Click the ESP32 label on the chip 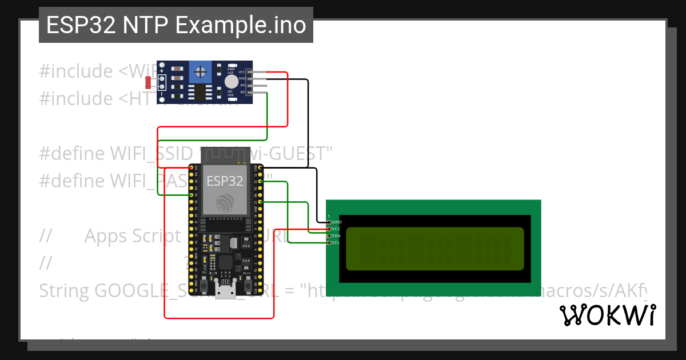[x=225, y=181]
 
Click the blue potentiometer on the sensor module [x=201, y=71]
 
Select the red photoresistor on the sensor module [x=149, y=82]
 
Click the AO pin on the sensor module [x=257, y=91]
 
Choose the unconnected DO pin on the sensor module [x=257, y=85]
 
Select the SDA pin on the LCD [x=336, y=235]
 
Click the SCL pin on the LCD [x=336, y=242]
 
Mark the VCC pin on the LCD [x=336, y=229]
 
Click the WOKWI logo [x=607, y=315]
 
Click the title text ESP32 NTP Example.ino [x=176, y=25]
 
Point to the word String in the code [x=64, y=290]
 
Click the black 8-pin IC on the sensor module [x=200, y=92]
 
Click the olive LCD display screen [x=435, y=249]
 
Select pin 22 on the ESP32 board [x=260, y=182]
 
